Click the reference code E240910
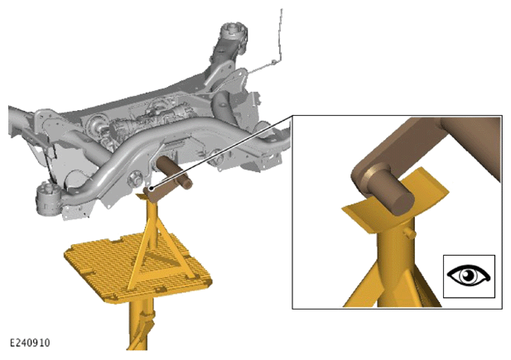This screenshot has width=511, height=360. tap(30, 343)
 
